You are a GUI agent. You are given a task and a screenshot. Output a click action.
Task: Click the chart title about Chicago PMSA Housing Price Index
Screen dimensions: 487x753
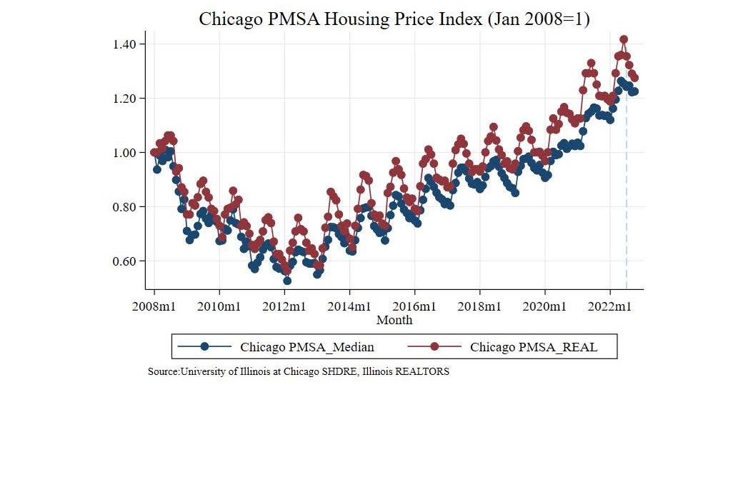394,19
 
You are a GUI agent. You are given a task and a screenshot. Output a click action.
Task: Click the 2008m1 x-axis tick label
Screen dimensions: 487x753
154,306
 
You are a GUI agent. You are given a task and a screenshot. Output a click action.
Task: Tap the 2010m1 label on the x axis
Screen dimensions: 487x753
219,306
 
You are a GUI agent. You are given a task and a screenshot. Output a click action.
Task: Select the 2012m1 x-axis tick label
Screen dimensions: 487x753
284,306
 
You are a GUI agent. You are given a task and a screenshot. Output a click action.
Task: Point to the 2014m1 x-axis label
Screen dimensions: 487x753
349,306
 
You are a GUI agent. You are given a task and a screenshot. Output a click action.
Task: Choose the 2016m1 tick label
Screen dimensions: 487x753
415,306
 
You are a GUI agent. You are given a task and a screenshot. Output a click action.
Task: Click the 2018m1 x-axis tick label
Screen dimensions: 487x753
480,306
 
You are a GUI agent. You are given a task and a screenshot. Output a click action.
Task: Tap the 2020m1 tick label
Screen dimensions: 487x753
545,306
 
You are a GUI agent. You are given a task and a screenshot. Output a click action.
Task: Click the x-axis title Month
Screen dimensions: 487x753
394,320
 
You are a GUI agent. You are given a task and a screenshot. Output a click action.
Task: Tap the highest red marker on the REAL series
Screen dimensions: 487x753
624,39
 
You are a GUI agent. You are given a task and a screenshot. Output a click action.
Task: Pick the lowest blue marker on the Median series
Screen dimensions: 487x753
287,281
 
